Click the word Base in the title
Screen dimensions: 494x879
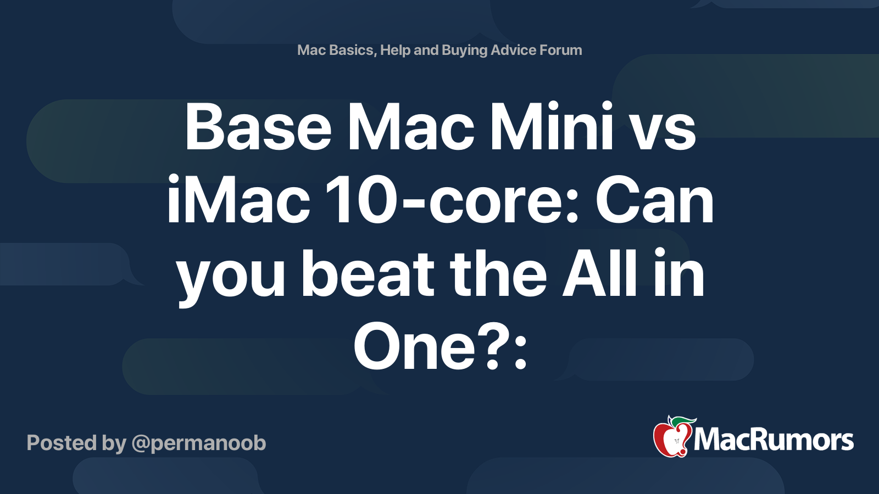(x=258, y=127)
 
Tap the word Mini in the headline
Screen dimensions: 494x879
(x=551, y=127)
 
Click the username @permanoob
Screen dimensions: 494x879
(x=199, y=444)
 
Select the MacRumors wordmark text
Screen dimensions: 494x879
(x=774, y=440)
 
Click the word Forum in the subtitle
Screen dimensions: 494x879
(x=560, y=50)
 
